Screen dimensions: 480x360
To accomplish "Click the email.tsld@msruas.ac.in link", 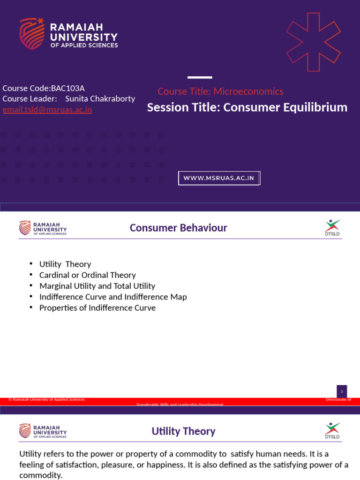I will tap(47, 110).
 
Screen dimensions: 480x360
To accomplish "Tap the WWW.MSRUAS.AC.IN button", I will tap(219, 178).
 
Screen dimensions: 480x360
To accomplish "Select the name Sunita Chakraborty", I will tap(100, 99).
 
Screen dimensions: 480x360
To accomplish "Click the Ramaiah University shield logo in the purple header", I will tap(32, 33).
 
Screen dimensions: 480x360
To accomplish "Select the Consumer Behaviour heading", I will tap(178, 228).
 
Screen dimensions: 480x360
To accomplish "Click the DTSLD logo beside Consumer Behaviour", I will tap(332, 228).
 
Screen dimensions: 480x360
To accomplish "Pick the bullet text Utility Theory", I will tap(65, 264).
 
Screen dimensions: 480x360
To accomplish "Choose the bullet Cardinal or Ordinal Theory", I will tap(88, 275).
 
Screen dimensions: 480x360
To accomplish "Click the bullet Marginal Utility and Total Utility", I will tap(97, 286).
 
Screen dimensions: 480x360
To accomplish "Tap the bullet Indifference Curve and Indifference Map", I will tap(113, 297).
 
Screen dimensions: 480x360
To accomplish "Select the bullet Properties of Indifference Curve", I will tap(97, 308).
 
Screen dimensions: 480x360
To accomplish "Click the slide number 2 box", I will tap(342, 391).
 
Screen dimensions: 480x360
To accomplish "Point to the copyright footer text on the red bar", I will tap(46, 399).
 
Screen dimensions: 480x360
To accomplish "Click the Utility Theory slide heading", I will tap(183, 431).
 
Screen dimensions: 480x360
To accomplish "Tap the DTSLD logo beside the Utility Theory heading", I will tap(332, 431).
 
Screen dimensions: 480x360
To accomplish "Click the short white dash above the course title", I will tap(200, 77).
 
